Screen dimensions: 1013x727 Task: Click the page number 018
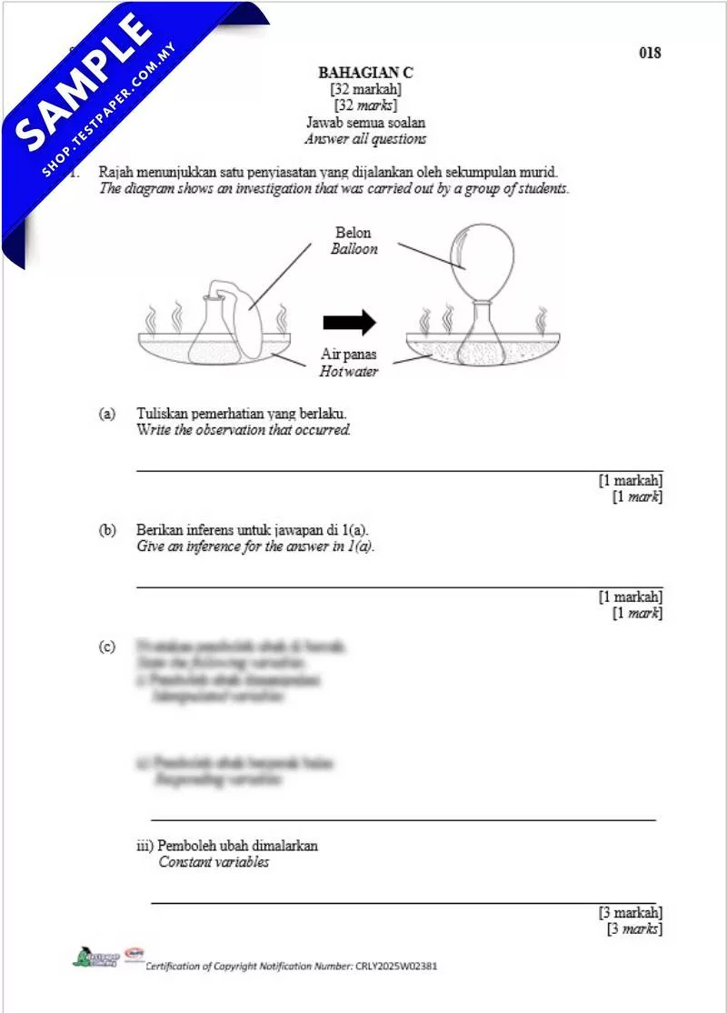pyautogui.click(x=650, y=53)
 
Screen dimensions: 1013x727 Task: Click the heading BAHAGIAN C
pyautogui.click(x=365, y=73)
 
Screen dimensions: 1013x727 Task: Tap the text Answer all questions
pyautogui.click(x=365, y=139)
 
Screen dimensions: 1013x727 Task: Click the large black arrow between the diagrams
pyautogui.click(x=349, y=322)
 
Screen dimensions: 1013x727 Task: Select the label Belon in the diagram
pyautogui.click(x=354, y=233)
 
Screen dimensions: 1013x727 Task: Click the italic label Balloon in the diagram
pyautogui.click(x=354, y=248)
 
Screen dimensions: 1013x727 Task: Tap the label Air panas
pyautogui.click(x=348, y=355)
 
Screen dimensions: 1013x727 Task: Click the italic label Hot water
pyautogui.click(x=348, y=371)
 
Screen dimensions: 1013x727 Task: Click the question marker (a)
pyautogui.click(x=107, y=414)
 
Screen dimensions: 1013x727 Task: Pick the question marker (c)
pyautogui.click(x=107, y=647)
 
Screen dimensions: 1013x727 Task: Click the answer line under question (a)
pyautogui.click(x=399, y=470)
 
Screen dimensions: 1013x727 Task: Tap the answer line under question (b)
pyautogui.click(x=399, y=587)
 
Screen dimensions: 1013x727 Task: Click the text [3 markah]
pyautogui.click(x=630, y=912)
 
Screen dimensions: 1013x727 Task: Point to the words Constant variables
pyautogui.click(x=214, y=862)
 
